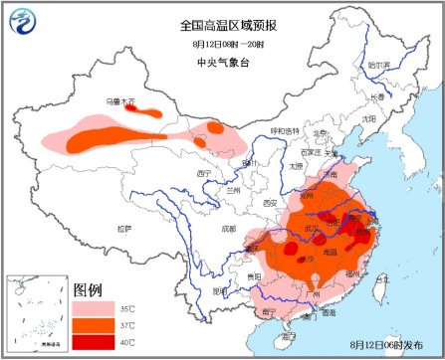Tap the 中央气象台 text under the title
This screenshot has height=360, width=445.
tap(222, 63)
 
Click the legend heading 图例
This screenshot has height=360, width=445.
tap(88, 289)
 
